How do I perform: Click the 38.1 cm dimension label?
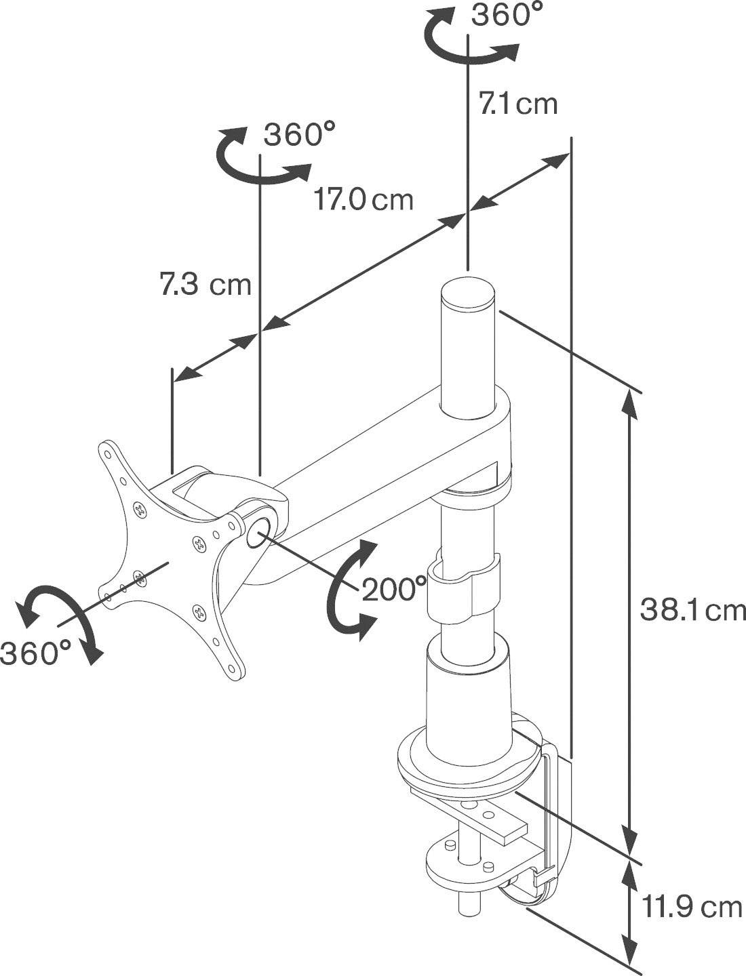pyautogui.click(x=692, y=611)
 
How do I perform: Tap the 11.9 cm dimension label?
pyautogui.click(x=692, y=907)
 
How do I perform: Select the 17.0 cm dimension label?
pyautogui.click(x=363, y=200)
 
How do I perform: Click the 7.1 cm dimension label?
pyautogui.click(x=518, y=104)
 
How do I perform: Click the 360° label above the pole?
pyautogui.click(x=507, y=15)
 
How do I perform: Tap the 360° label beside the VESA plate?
pyautogui.click(x=35, y=653)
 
